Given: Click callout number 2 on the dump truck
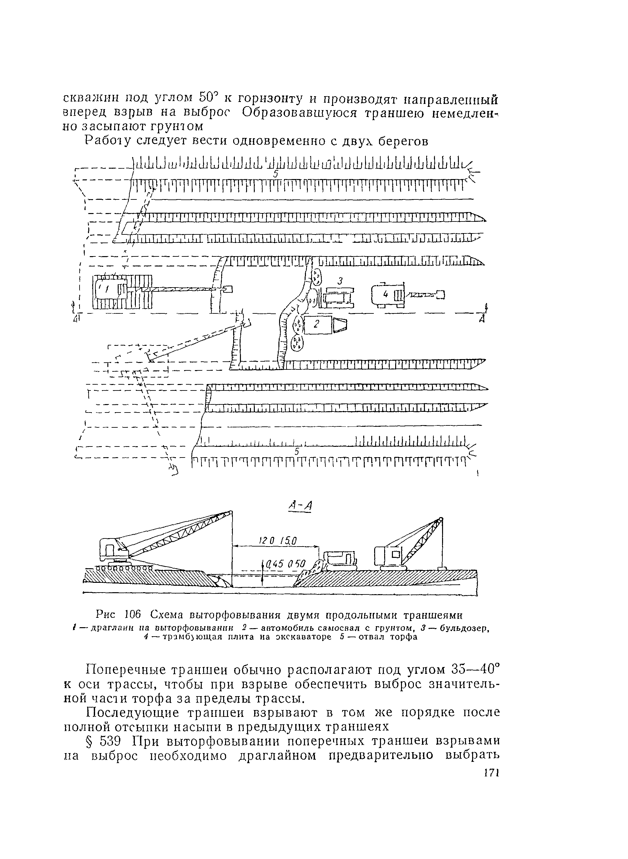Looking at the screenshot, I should (x=317, y=323).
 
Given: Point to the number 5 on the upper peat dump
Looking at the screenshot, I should (x=277, y=174).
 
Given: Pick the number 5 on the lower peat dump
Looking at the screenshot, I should (x=297, y=451).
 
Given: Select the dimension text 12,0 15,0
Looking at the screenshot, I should (x=278, y=541).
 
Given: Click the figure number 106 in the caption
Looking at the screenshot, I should (x=133, y=614).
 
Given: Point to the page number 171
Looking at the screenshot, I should (x=491, y=774).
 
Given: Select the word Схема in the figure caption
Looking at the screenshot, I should (x=167, y=614).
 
